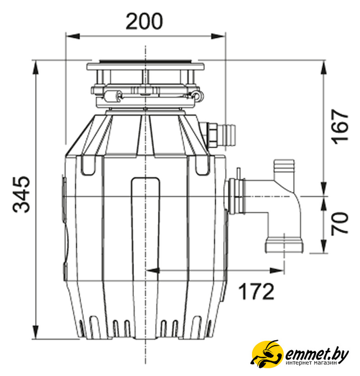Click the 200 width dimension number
coord(144,21)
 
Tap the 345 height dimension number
coord(22,194)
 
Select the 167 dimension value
coord(340,127)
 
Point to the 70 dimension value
coord(340,223)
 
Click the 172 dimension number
coord(256,291)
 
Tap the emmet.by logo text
coord(317,354)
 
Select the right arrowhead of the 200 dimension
coord(218,36)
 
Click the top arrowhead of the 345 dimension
coord(35,68)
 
